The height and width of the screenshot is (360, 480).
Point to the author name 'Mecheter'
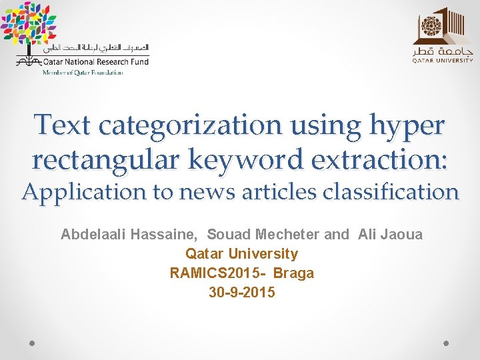(287, 235)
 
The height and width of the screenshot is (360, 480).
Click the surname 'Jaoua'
(401, 235)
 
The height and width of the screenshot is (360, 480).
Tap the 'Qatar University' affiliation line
(241, 254)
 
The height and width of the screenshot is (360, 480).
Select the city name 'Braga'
(293, 273)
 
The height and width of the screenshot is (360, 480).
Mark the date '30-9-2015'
(241, 293)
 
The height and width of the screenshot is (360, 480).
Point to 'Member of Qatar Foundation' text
(83, 73)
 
